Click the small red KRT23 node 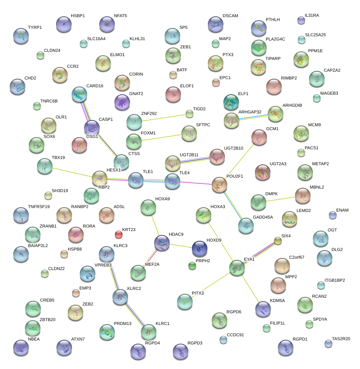click(119, 234)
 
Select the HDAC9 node click(162, 243)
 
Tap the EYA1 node click(237, 268)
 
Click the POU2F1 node click(220, 185)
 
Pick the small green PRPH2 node click(192, 266)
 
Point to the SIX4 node click(278, 241)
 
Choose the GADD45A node click(246, 226)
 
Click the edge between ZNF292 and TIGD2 click(163, 118)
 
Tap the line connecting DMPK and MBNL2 click(281, 199)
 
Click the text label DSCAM click(230, 16)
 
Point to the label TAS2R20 click(341, 339)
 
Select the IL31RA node click(301, 20)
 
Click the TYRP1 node click(21, 36)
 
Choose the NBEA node click(21, 348)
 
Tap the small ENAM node click(332, 215)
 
